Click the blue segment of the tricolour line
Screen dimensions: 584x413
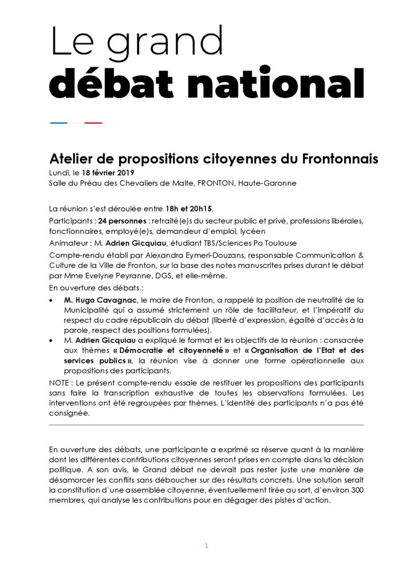point(59,123)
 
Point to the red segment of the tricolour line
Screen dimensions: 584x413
point(93,123)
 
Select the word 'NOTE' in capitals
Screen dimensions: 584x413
point(60,381)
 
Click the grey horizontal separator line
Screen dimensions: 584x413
point(206,424)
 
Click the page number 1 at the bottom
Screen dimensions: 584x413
point(206,546)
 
